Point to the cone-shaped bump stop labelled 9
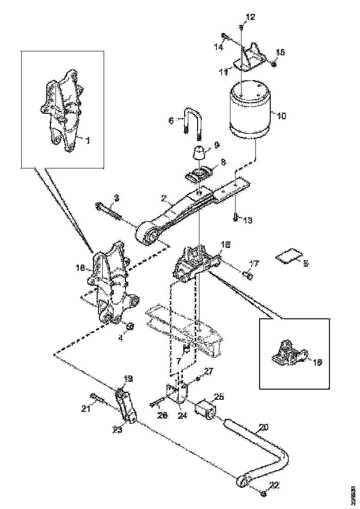coord(199,151)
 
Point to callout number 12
coord(250,18)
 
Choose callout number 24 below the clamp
coord(182,416)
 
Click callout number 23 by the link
coord(118,430)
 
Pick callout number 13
coord(247,220)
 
